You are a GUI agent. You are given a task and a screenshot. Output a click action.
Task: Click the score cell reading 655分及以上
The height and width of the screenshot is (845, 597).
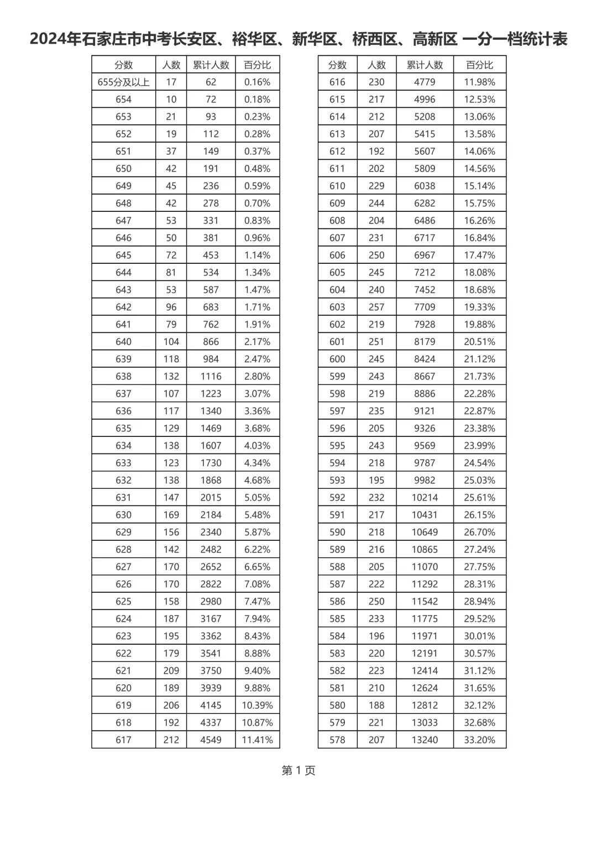(123, 82)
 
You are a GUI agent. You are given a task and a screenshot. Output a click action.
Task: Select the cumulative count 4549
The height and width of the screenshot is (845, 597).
(211, 740)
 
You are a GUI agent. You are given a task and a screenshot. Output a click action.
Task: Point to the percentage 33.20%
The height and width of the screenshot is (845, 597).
(479, 740)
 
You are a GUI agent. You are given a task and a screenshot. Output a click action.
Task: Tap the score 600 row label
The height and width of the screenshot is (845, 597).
(337, 359)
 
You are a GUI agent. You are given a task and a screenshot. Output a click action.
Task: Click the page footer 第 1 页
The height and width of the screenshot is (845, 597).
(298, 770)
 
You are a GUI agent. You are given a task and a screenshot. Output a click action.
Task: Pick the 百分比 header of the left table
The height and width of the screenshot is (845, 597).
(257, 65)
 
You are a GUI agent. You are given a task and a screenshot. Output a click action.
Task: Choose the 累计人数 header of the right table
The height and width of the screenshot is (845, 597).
(425, 65)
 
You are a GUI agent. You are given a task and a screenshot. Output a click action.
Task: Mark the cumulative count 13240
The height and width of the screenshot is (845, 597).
(425, 740)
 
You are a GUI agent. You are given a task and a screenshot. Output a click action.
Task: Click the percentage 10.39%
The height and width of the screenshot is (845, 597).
(257, 705)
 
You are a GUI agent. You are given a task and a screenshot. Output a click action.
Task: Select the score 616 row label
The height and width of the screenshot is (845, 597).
(337, 82)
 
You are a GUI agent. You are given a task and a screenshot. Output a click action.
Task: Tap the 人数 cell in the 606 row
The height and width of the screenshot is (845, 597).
(376, 255)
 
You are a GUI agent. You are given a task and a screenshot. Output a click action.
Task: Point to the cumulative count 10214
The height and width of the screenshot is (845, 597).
(425, 498)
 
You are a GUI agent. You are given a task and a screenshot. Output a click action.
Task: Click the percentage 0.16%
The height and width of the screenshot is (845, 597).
(257, 82)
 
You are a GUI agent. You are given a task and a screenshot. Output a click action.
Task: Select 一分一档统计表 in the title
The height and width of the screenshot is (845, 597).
(514, 39)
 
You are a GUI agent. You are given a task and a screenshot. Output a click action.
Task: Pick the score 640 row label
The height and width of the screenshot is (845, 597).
(123, 342)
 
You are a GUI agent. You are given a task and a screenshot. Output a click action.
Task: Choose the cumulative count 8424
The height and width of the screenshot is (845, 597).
(425, 359)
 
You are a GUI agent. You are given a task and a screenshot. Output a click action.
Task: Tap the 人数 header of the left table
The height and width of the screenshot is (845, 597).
(171, 65)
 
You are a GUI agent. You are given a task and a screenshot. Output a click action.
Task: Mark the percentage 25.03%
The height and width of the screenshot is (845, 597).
(479, 480)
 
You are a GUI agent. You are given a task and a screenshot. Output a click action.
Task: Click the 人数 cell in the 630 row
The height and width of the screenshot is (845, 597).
(171, 515)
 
